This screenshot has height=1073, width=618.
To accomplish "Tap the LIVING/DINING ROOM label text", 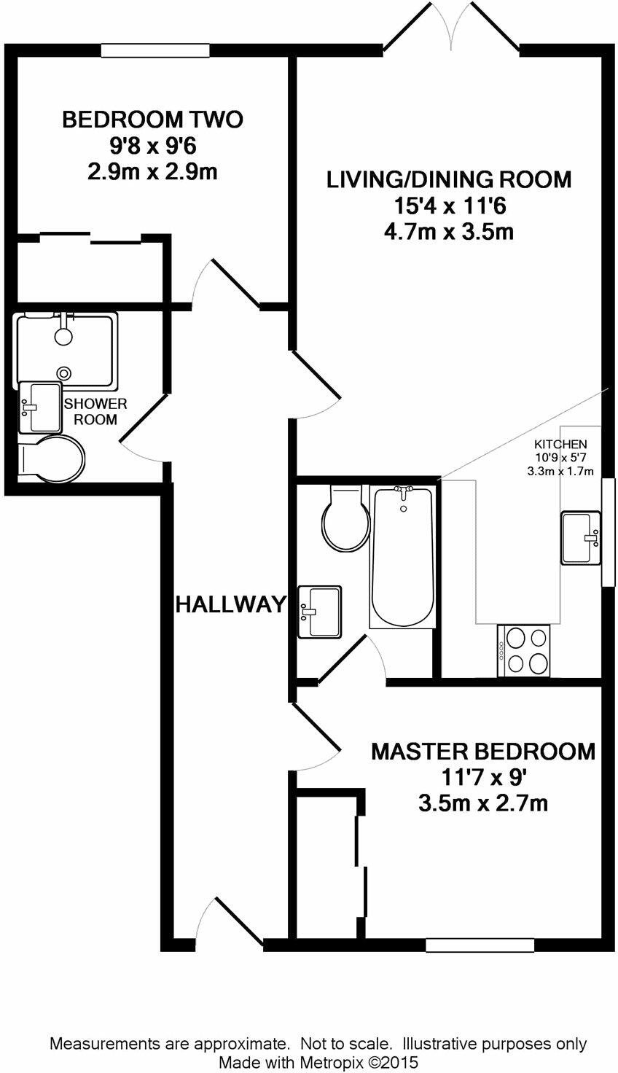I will point(448,179).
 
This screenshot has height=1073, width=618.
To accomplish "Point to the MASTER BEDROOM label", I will point(482,752).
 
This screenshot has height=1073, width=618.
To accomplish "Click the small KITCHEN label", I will point(560,445).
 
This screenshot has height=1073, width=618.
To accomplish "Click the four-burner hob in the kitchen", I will point(524,650).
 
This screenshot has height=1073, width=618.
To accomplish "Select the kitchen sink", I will point(581,538).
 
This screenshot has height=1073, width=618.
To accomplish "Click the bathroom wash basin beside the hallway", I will point(320,612).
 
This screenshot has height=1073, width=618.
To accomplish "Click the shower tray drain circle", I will point(66,372).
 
